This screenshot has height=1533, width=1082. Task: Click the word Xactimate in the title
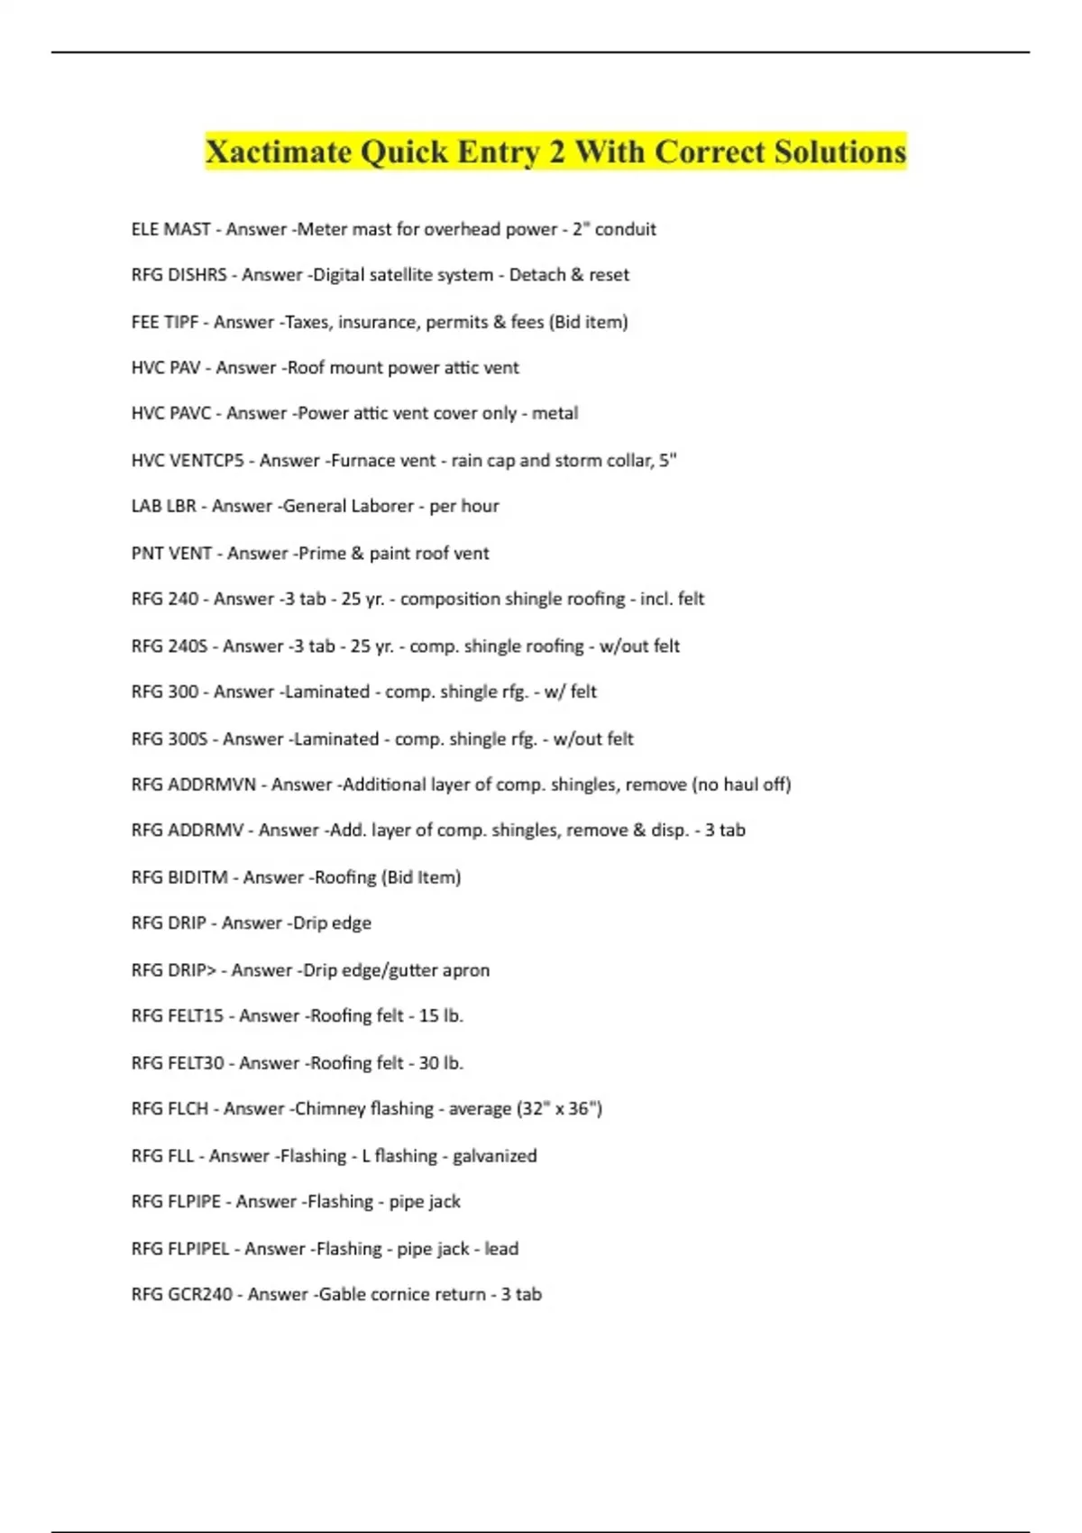279,151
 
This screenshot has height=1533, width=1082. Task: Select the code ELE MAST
170,229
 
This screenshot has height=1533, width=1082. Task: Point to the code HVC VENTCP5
188,460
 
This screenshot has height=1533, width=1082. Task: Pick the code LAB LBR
163,506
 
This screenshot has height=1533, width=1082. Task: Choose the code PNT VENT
171,553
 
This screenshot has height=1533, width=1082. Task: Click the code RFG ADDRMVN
194,785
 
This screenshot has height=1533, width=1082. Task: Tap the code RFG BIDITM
179,877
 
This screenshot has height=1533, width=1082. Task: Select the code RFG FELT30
178,1063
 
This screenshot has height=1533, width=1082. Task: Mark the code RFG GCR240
181,1294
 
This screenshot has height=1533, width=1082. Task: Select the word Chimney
330,1108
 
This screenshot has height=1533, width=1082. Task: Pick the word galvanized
494,1155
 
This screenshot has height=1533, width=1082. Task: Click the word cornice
401,1294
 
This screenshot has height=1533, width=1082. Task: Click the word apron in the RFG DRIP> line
466,970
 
